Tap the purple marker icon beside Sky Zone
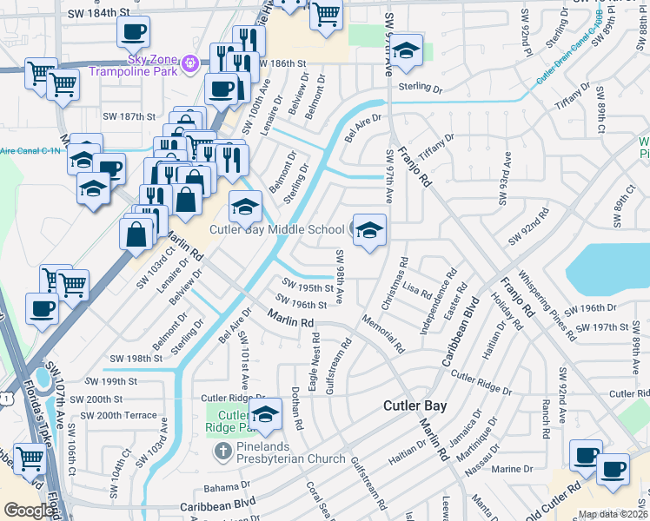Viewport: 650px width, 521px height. pyautogui.click(x=192, y=62)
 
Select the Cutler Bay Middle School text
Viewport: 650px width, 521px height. pyautogui.click(x=277, y=230)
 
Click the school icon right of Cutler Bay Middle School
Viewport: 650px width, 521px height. pyautogui.click(x=369, y=231)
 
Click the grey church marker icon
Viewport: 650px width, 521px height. pyautogui.click(x=222, y=451)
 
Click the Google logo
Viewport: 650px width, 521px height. pyautogui.click(x=30, y=511)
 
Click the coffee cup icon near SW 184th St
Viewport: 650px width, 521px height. pyautogui.click(x=133, y=33)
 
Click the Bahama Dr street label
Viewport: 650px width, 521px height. pyautogui.click(x=227, y=486)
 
